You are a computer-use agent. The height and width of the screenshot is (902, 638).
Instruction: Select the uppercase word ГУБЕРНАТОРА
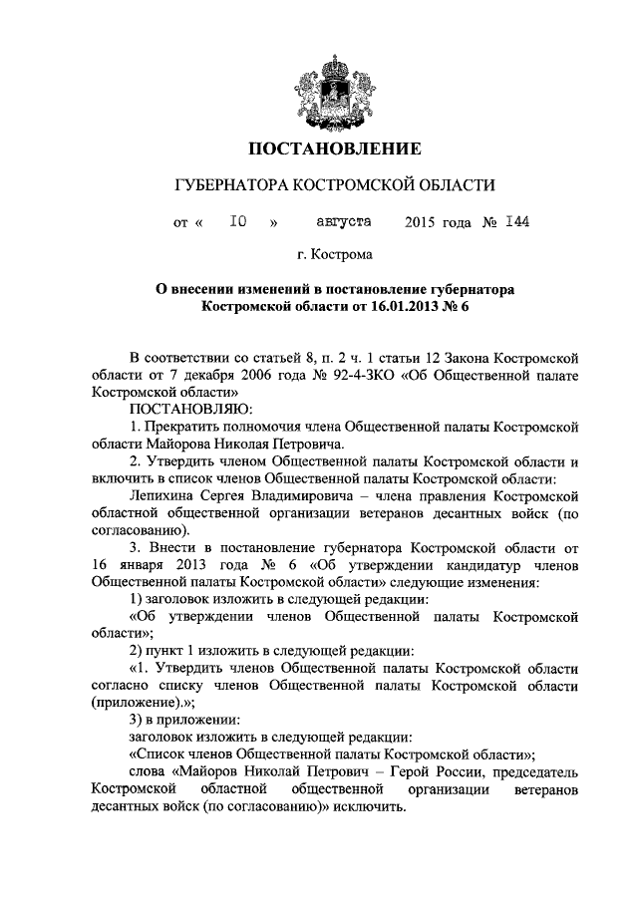pyautogui.click(x=230, y=186)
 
